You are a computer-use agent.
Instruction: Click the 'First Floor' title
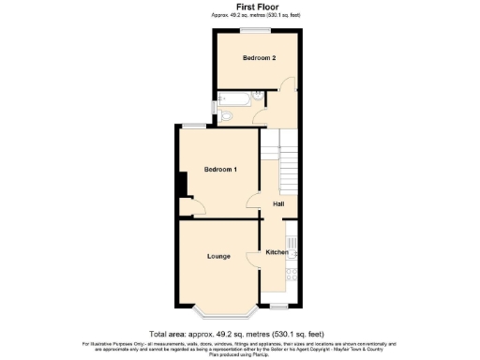point(239,7)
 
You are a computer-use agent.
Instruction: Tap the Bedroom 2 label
point(259,58)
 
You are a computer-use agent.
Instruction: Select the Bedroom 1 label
point(221,169)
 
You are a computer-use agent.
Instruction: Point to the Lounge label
point(220,254)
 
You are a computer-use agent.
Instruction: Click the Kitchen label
point(277,252)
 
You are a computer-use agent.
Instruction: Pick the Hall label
point(278,203)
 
